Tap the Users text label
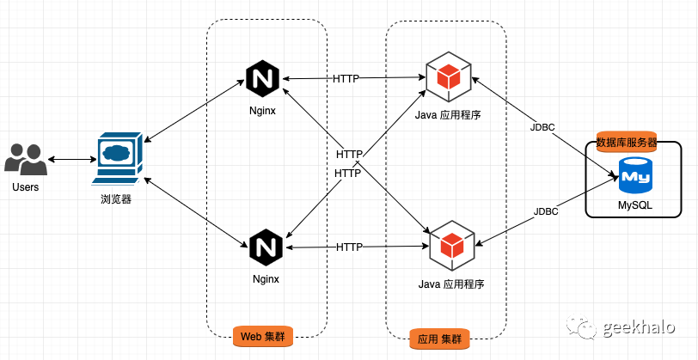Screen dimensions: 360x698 point(26,186)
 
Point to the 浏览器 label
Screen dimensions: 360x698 point(116,198)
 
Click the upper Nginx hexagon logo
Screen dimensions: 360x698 point(264,79)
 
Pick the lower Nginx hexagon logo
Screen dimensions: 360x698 point(265,247)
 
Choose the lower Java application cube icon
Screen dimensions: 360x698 point(451,243)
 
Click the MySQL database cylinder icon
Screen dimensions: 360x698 point(635,176)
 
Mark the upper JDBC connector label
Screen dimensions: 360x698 point(543,127)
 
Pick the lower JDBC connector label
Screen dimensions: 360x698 point(546,211)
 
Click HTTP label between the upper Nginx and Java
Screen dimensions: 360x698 point(346,79)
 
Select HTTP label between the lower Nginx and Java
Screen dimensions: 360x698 point(349,247)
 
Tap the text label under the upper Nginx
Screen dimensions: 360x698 point(264,111)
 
